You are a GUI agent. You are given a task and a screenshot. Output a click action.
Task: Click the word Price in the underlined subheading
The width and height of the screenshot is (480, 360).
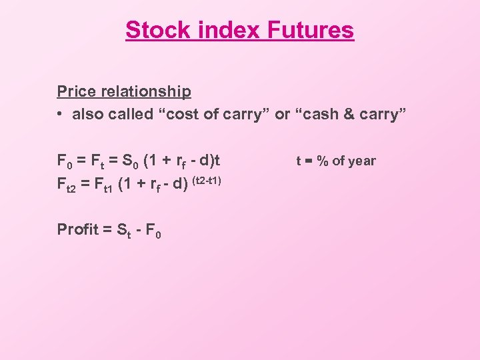[x=75, y=91]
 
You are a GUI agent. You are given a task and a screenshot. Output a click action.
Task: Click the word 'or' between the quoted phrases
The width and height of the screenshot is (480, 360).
[x=282, y=115]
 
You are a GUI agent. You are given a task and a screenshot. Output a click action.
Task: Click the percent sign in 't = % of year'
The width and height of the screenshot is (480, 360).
[x=322, y=161]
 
